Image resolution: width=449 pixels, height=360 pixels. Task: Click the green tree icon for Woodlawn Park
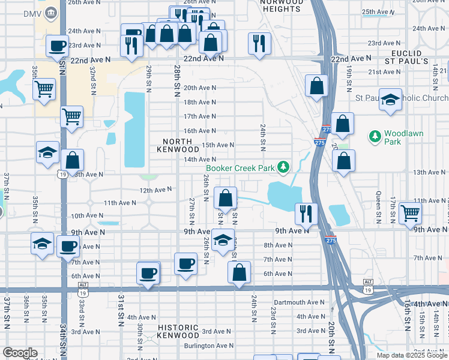375,137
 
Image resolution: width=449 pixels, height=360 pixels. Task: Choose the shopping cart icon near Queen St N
410,212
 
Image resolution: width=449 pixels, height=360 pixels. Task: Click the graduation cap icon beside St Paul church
390,99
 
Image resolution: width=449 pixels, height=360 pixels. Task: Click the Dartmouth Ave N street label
300,302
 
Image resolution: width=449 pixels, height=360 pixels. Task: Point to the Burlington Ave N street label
208,346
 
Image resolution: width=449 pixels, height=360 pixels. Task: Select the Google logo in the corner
20,353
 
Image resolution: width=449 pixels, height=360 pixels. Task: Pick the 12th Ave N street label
155,190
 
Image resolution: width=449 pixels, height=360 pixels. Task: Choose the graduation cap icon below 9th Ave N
223,241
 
